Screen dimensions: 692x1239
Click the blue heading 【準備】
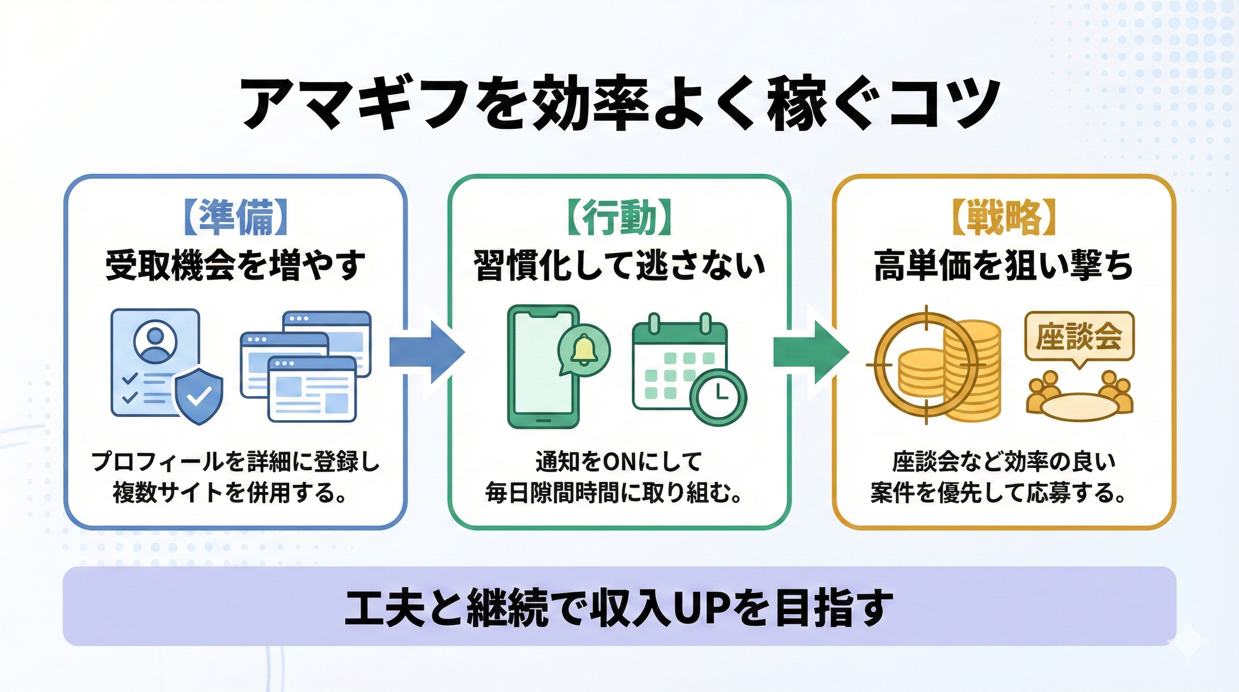(235, 218)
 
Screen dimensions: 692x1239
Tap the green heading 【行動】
(619, 218)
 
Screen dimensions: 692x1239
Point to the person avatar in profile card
(155, 343)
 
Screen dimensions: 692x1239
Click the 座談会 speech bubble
(1079, 337)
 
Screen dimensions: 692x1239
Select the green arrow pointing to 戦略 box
(810, 352)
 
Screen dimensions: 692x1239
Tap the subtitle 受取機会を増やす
(235, 266)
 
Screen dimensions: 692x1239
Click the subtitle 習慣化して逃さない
(619, 266)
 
